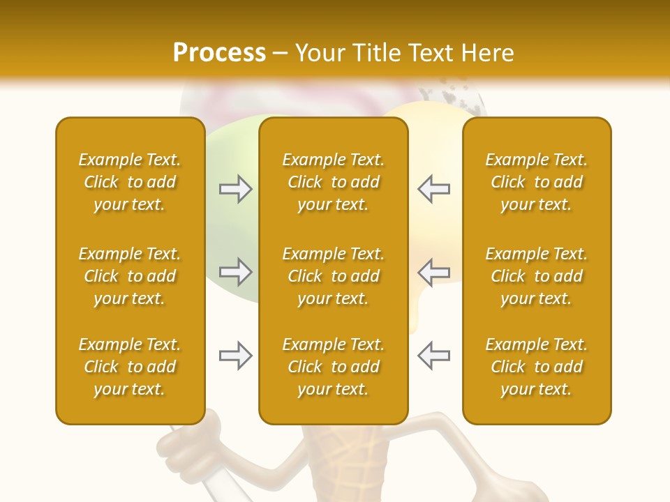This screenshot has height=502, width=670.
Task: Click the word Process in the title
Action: [x=219, y=53]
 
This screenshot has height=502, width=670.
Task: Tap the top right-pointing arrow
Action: [x=236, y=189]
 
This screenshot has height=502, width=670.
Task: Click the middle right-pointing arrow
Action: [x=236, y=272]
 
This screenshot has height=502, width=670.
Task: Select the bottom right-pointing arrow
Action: [x=236, y=356]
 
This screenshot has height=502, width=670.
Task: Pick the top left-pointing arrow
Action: [x=433, y=189]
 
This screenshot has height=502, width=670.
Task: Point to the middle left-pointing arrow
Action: [x=433, y=272]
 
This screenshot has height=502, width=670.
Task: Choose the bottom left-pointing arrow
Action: [x=433, y=356]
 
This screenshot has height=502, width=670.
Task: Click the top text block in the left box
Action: [x=130, y=182]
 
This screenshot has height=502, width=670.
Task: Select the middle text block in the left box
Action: [x=130, y=276]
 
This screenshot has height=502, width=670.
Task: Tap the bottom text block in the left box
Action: [x=130, y=367]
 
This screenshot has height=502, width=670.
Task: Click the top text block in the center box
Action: [x=333, y=182]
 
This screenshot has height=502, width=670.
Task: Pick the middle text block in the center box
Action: [x=333, y=276]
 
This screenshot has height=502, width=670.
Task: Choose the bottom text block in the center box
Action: [x=333, y=367]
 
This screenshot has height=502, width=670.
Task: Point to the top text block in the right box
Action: [x=537, y=182]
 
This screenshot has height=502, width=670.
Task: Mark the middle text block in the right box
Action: [x=537, y=276]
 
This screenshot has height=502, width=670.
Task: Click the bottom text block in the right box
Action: [x=537, y=367]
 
